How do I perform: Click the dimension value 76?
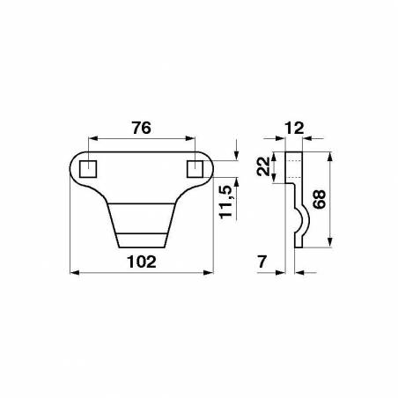[142, 128]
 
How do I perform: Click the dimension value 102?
[142, 262]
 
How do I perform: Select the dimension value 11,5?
[226, 203]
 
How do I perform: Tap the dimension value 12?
[294, 129]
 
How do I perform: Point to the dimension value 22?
[263, 166]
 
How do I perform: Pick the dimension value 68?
[319, 199]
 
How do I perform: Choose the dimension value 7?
[262, 262]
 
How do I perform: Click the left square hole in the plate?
[88, 169]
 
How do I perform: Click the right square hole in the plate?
[195, 169]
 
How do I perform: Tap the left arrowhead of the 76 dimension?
[92, 138]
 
